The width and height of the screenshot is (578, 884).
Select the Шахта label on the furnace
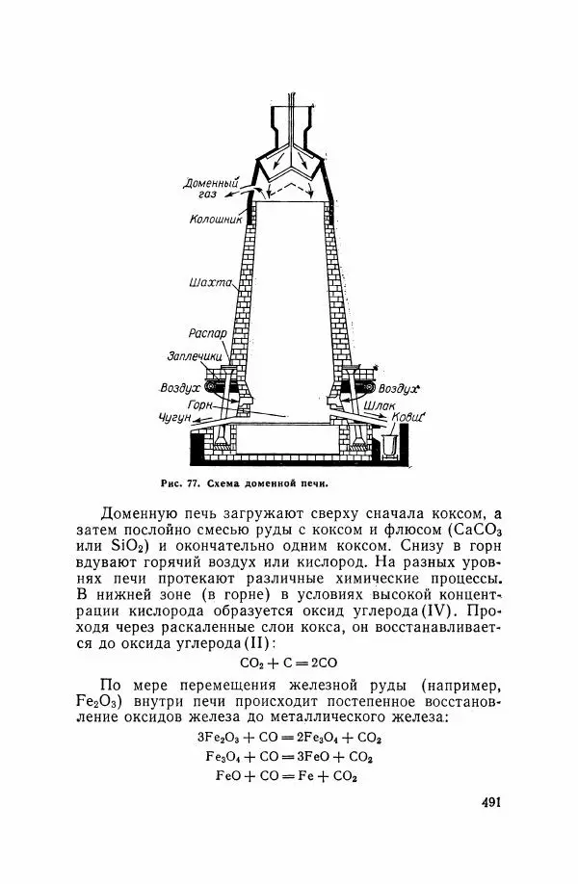[x=211, y=283]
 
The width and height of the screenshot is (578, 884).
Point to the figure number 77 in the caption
[x=190, y=483]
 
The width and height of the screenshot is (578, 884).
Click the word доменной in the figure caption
[x=274, y=483]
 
